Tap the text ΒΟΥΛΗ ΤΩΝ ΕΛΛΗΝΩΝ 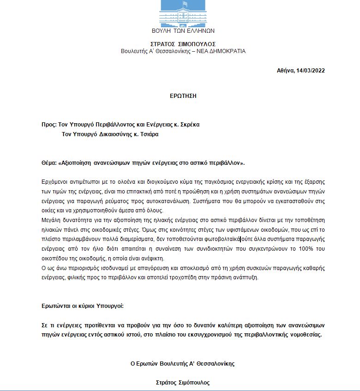[x=183, y=31]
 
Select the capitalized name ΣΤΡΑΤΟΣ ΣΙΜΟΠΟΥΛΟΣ [x=183, y=44]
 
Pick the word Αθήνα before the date [x=286, y=71]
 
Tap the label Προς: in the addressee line [x=48, y=125]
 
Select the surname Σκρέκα [x=189, y=125]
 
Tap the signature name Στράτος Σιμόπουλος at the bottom [x=183, y=383]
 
